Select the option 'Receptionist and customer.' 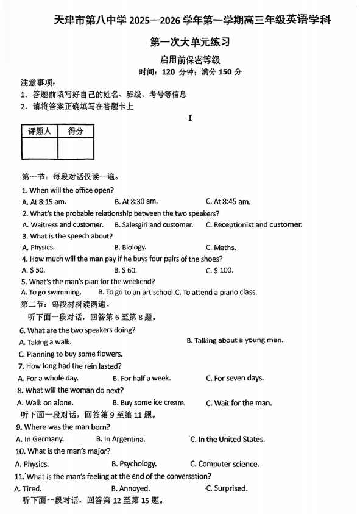click(x=254, y=224)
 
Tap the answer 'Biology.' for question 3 click(x=130, y=248)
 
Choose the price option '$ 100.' click(x=220, y=270)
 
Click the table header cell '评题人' click(x=39, y=131)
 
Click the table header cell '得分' click(x=76, y=131)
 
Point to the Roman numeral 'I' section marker click(x=190, y=118)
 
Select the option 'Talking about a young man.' click(x=235, y=341)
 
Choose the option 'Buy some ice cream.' click(x=149, y=402)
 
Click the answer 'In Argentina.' click(x=121, y=439)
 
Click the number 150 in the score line click(x=225, y=71)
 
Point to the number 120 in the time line click(x=168, y=71)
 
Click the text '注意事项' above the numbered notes click(x=37, y=82)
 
